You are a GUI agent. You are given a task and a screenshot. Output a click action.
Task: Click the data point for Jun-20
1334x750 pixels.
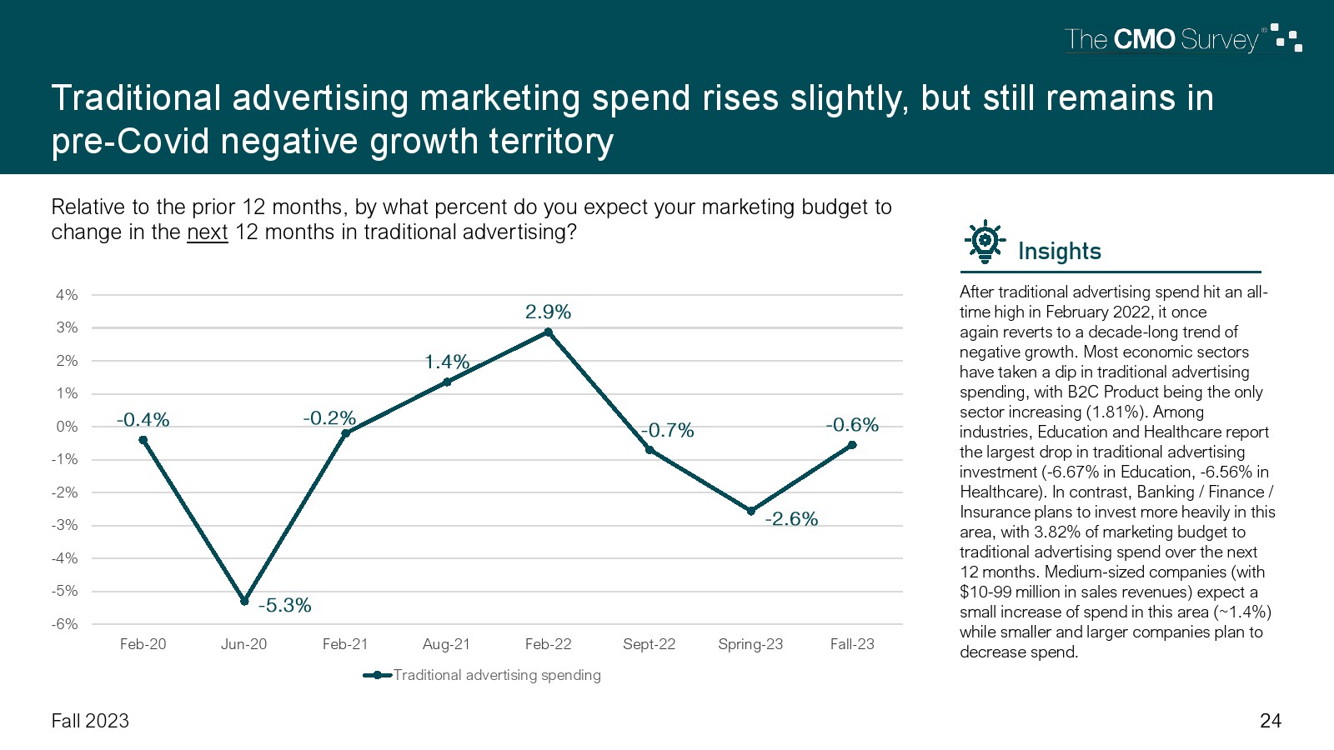pyautogui.click(x=244, y=601)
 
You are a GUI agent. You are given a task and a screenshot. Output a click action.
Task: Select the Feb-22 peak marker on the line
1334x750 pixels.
pyautogui.click(x=549, y=332)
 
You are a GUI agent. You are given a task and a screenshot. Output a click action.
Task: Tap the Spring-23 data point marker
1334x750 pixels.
pyautogui.click(x=751, y=511)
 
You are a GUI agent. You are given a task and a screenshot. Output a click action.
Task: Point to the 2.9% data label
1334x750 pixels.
pyautogui.click(x=548, y=312)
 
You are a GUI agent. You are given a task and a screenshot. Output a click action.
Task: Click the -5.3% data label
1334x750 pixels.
pyautogui.click(x=284, y=606)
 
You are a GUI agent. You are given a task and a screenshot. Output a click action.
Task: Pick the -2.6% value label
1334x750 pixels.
pyautogui.click(x=791, y=519)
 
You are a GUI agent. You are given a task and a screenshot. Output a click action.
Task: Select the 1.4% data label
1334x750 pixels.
pyautogui.click(x=447, y=362)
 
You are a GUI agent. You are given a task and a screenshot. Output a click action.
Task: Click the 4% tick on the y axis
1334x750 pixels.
pyautogui.click(x=67, y=295)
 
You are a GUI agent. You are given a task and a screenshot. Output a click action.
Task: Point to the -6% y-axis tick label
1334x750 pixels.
pyautogui.click(x=65, y=624)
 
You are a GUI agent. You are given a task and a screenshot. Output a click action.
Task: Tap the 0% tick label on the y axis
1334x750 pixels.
pyautogui.click(x=67, y=427)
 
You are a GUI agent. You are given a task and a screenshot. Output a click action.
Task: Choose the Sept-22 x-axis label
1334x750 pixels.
pyautogui.click(x=649, y=644)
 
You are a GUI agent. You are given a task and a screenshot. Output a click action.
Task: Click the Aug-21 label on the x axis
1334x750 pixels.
pyautogui.click(x=446, y=644)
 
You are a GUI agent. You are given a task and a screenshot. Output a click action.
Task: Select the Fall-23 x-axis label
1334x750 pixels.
pyautogui.click(x=852, y=644)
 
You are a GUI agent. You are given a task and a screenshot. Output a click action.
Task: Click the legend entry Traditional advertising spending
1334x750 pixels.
pyautogui.click(x=496, y=675)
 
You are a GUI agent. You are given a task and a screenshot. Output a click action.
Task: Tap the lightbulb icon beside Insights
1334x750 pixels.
pyautogui.click(x=985, y=242)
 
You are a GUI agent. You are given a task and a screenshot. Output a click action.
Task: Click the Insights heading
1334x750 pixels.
pyautogui.click(x=1059, y=252)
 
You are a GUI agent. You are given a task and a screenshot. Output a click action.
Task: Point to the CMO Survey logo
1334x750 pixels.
pyautogui.click(x=1182, y=39)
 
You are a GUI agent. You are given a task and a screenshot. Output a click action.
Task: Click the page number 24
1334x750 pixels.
pyautogui.click(x=1270, y=721)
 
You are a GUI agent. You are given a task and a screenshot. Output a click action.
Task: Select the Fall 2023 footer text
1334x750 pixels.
pyautogui.click(x=90, y=721)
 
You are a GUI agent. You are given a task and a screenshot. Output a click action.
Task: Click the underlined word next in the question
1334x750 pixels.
pyautogui.click(x=207, y=232)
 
